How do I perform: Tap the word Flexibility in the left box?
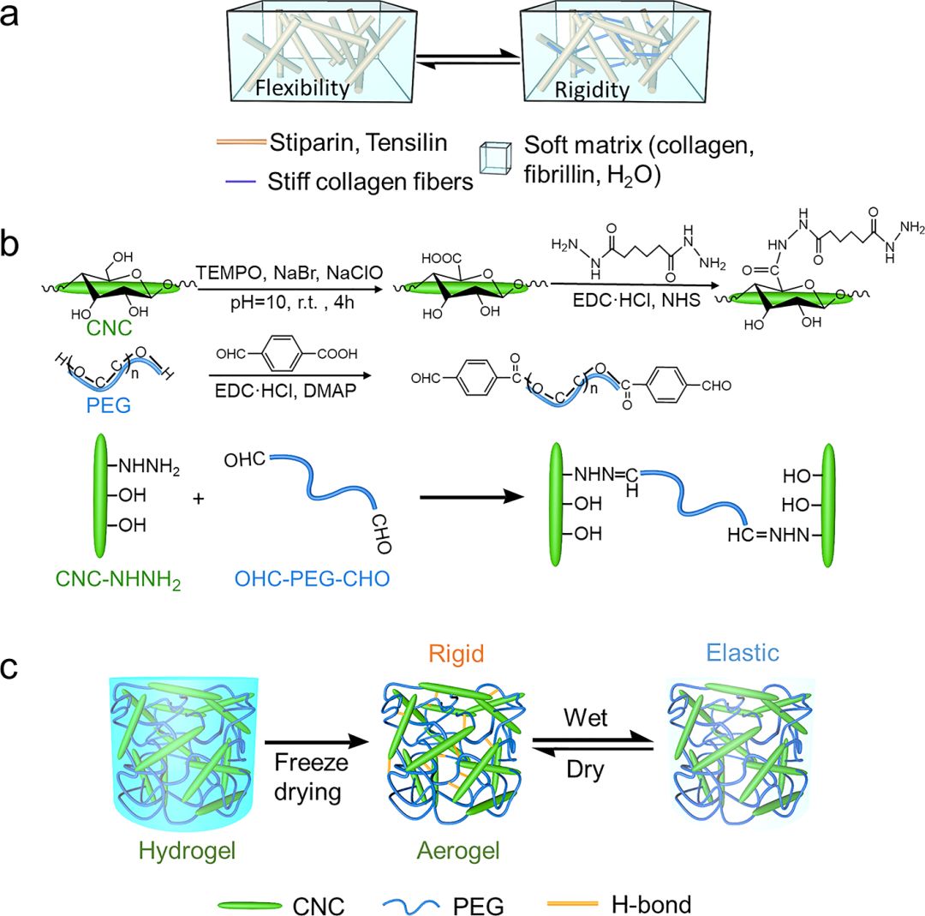(x=303, y=87)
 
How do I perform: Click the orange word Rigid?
(x=459, y=656)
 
